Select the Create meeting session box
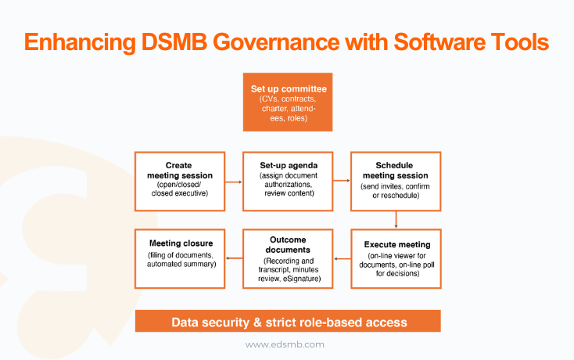point(180,181)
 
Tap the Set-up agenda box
point(288,181)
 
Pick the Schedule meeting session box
point(396,181)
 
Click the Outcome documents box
point(288,257)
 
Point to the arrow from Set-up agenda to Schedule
point(342,182)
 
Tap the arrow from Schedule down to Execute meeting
point(396,220)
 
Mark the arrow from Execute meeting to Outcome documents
point(342,258)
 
